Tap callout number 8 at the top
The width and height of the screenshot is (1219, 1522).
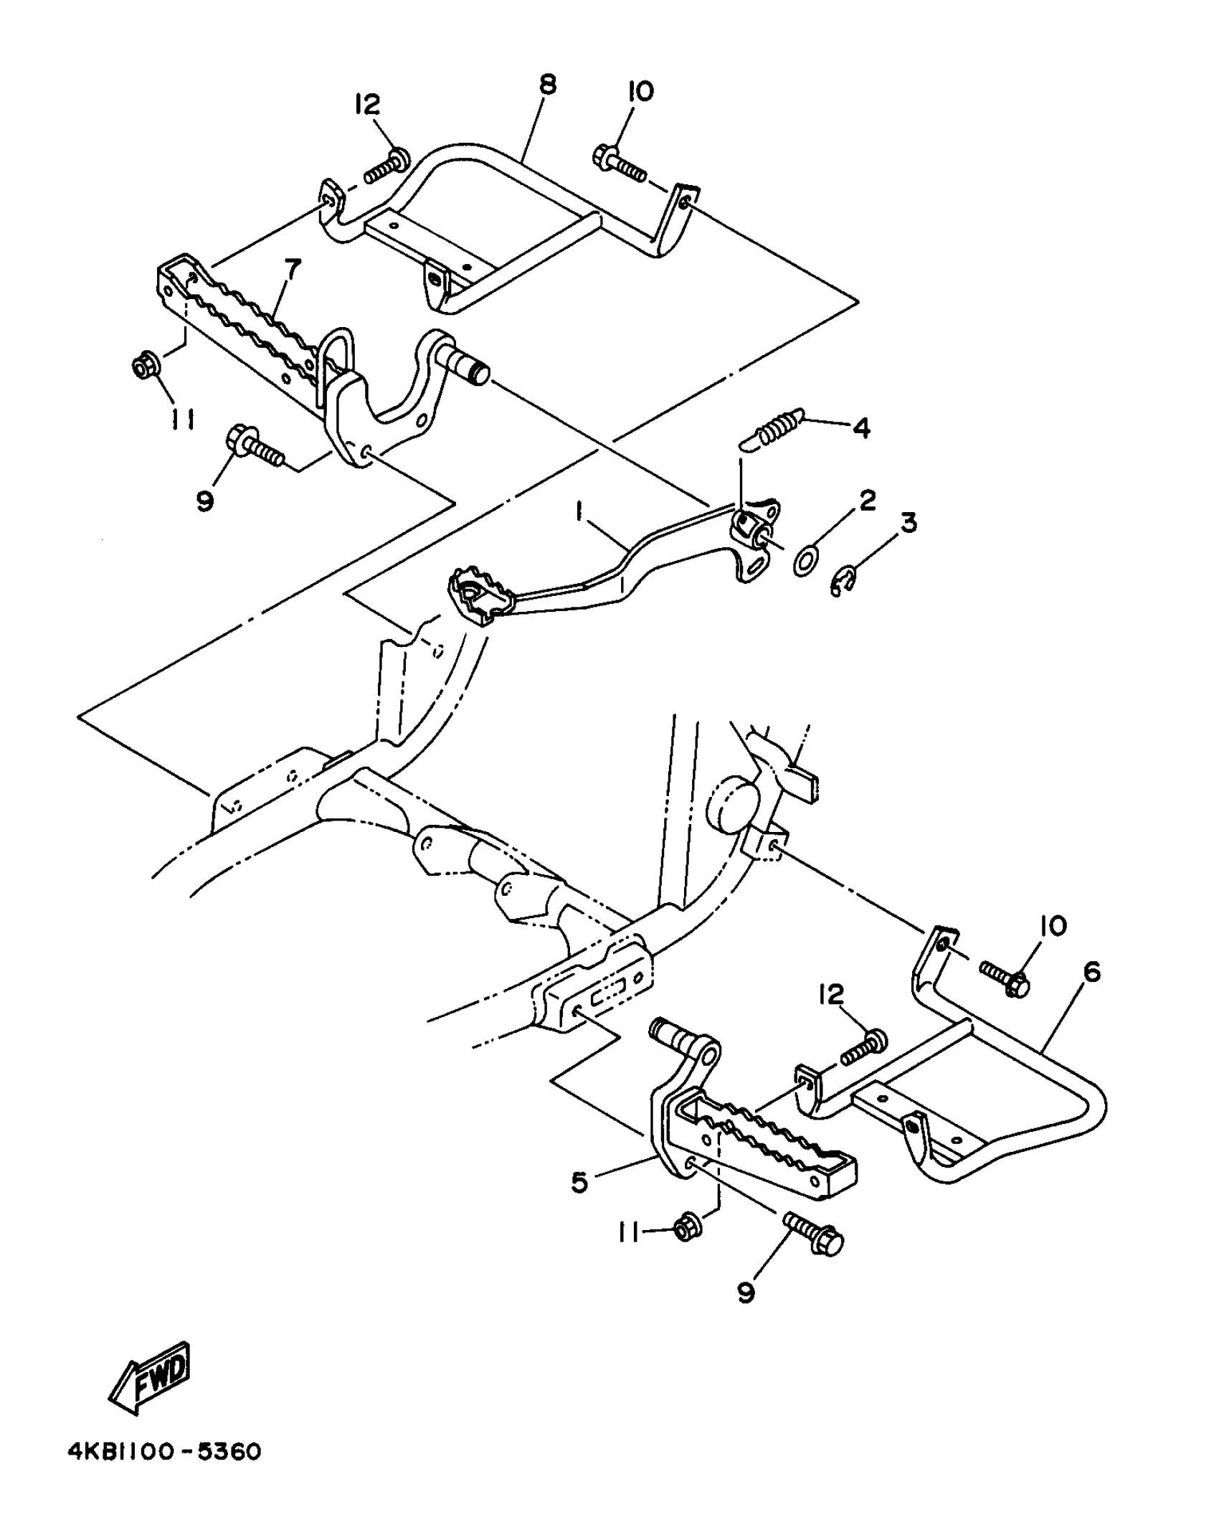click(546, 85)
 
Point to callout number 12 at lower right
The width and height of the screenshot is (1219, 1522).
click(832, 996)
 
